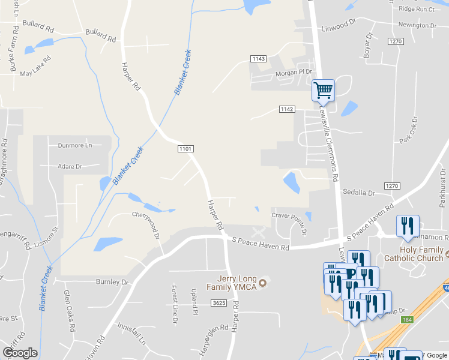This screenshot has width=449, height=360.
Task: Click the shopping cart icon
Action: (324, 91)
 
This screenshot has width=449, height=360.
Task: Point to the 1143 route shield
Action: (259, 59)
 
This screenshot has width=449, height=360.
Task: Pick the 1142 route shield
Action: (287, 109)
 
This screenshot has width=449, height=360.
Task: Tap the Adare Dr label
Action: (70, 166)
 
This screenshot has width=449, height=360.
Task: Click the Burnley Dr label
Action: (112, 281)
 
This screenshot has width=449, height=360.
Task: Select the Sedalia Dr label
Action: (358, 193)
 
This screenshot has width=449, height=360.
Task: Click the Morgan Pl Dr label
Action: (294, 72)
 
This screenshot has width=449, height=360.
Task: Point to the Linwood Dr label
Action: (339, 28)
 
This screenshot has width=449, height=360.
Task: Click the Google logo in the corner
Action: (20, 353)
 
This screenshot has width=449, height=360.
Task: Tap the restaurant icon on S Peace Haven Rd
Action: (408, 226)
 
